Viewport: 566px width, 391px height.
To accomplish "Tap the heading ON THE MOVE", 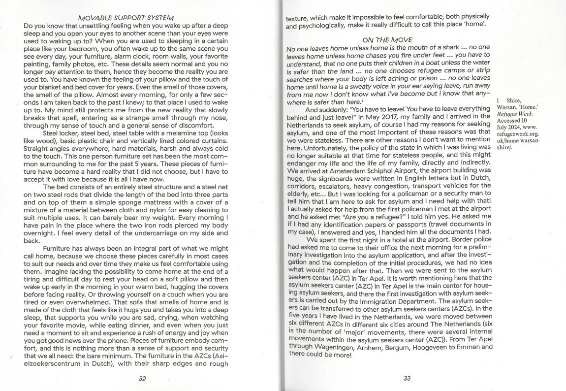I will coord(387,39).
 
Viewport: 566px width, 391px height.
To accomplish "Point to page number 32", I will coord(143,378).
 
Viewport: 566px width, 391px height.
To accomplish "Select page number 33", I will coord(407,378).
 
